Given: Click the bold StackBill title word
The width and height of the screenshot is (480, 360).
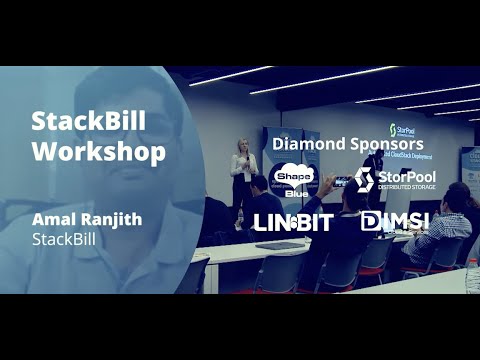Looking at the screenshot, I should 89,122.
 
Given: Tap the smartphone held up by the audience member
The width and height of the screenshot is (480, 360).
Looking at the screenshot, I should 340,181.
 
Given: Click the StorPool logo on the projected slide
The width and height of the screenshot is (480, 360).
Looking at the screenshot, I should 403,129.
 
